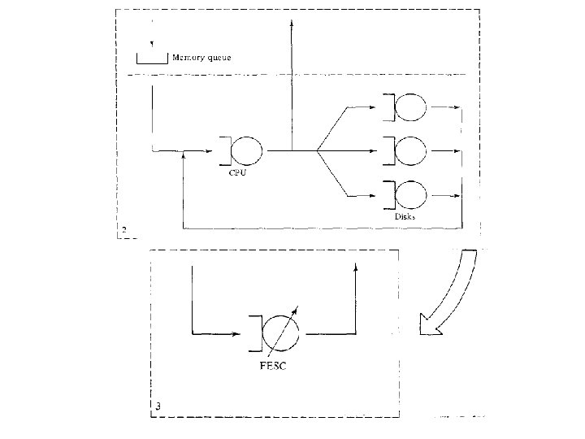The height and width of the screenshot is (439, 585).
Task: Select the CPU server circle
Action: (248, 150)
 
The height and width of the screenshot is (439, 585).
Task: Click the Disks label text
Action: (405, 216)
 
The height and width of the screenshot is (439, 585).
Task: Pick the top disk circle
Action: (412, 106)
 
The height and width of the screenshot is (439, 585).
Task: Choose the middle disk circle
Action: (412, 150)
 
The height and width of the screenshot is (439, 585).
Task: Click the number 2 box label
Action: (123, 230)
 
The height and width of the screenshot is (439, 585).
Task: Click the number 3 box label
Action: (158, 404)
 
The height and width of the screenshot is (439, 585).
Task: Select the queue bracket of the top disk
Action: (391, 106)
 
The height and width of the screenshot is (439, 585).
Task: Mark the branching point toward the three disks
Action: (316, 150)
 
